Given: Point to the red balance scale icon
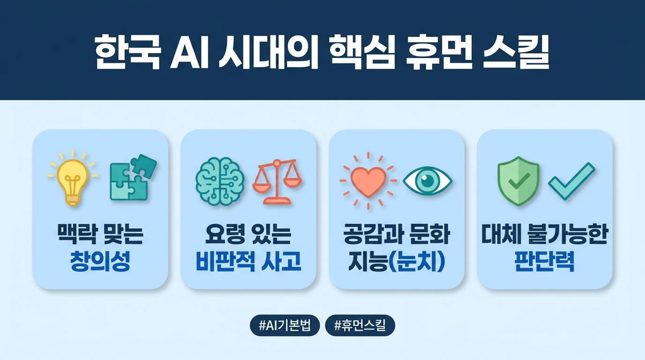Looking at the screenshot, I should (x=277, y=182).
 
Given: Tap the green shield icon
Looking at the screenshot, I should (x=518, y=181).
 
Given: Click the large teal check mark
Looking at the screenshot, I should (x=571, y=180).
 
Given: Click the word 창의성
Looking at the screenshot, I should (x=100, y=262).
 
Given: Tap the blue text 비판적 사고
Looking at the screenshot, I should (x=248, y=262).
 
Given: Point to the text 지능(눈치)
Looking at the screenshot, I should (x=397, y=262).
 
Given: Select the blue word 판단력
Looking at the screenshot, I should (x=545, y=262).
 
